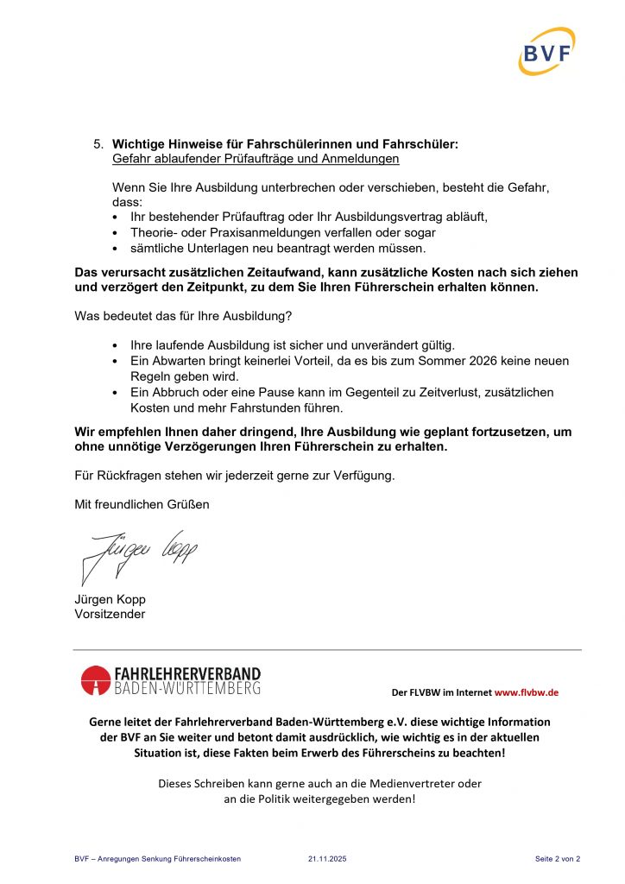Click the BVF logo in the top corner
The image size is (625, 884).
[546, 51]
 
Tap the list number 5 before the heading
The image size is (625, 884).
[98, 143]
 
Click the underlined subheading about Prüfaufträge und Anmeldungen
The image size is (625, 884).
[256, 159]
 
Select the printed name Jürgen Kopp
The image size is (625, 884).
[110, 599]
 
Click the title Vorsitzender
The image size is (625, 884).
[110, 615]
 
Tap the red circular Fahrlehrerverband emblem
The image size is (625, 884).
[95, 680]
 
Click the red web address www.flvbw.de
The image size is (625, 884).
[527, 692]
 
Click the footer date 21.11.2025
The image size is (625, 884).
[327, 859]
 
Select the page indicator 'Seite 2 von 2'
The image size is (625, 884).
[557, 859]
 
